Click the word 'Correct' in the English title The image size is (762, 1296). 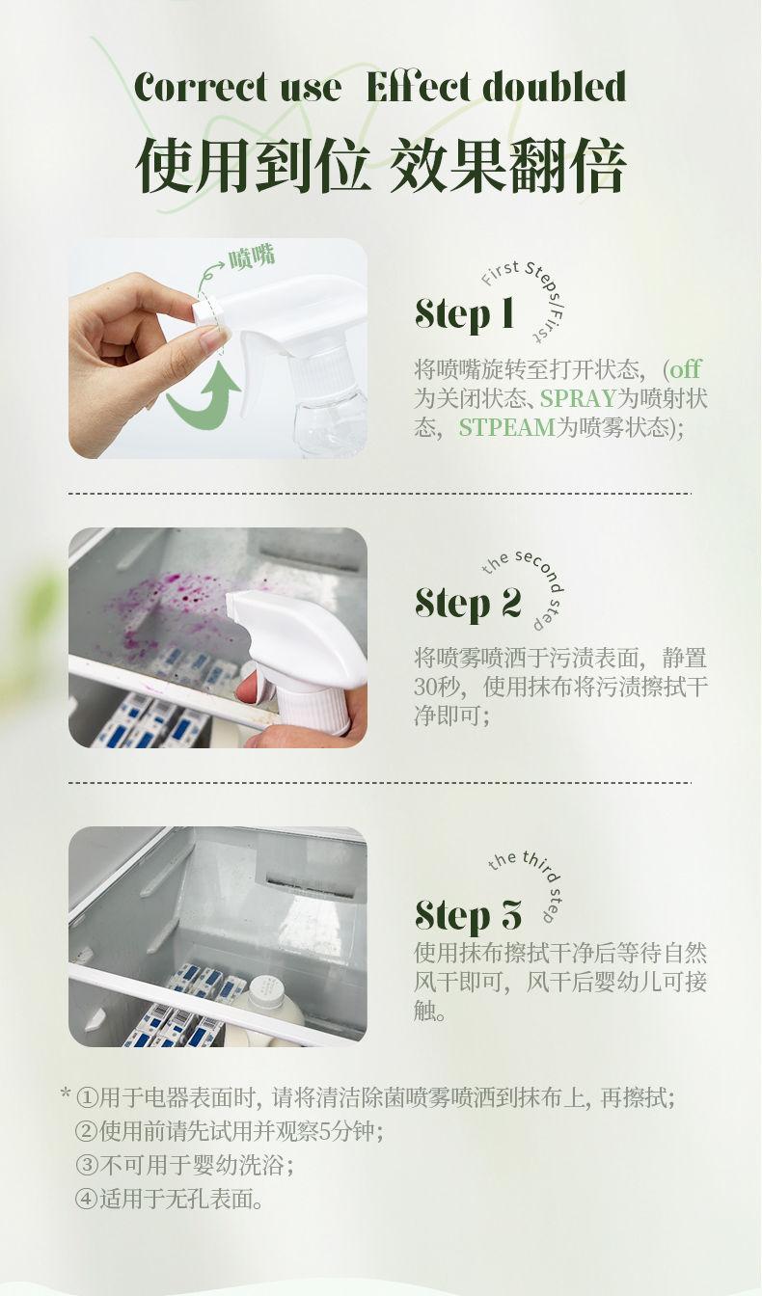201,89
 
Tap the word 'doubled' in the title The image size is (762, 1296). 555,87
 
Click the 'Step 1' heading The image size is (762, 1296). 465,313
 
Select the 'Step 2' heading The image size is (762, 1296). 468,604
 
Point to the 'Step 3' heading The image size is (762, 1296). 469,916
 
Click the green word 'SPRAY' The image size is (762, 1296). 578,398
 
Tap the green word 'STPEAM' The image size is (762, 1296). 506,427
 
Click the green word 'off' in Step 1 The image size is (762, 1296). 685,368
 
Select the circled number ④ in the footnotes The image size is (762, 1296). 87,1200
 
